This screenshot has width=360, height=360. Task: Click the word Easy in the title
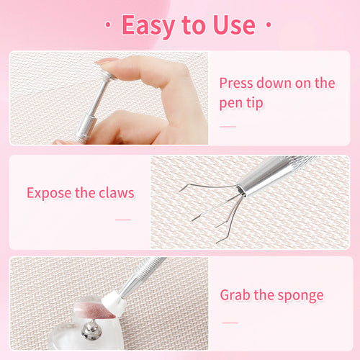point(149,25)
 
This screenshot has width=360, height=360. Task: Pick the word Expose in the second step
point(49,193)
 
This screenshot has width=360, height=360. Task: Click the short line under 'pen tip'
point(228,127)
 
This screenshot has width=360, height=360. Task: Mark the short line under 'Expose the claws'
point(123,219)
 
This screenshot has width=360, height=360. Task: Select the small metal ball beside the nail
point(91,331)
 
